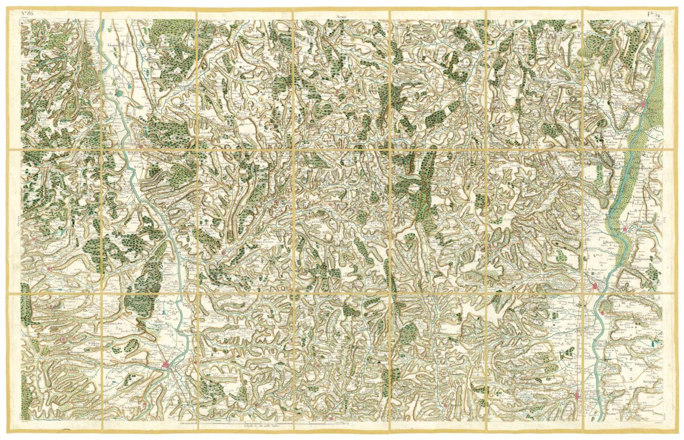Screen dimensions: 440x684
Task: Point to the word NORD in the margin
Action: [341, 18]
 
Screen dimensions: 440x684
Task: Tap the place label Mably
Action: [158, 328]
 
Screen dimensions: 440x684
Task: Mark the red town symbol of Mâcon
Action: [644, 104]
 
